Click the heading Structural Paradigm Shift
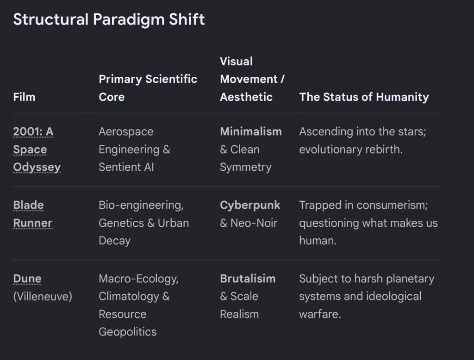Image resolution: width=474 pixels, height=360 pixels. click(109, 20)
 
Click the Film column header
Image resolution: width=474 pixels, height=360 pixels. click(24, 97)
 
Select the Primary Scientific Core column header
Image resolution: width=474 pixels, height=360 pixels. click(148, 88)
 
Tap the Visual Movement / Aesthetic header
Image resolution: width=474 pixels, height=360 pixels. click(252, 79)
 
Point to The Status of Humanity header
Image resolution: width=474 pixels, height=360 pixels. click(364, 97)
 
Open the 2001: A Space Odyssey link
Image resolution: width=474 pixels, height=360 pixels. click(37, 149)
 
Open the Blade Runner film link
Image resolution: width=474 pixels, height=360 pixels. click(33, 214)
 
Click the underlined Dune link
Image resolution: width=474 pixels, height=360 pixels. click(27, 279)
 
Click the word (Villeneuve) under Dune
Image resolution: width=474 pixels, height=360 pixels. click(43, 297)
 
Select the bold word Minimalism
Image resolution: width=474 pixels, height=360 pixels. click(251, 131)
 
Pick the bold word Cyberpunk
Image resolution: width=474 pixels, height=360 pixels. click(250, 205)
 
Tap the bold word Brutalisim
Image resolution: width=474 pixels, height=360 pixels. click(248, 279)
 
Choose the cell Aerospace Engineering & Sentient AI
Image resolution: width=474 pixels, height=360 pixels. click(135, 149)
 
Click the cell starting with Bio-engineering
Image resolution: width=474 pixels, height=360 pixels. click(144, 223)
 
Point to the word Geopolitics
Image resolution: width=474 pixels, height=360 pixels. click(128, 332)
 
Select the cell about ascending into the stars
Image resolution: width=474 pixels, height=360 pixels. click(362, 140)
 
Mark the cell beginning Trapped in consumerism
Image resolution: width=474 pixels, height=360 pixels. click(368, 223)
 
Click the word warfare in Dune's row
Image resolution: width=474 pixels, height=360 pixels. click(320, 314)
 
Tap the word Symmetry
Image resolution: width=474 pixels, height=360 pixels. click(245, 167)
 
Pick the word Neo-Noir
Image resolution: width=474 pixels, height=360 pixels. click(254, 223)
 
